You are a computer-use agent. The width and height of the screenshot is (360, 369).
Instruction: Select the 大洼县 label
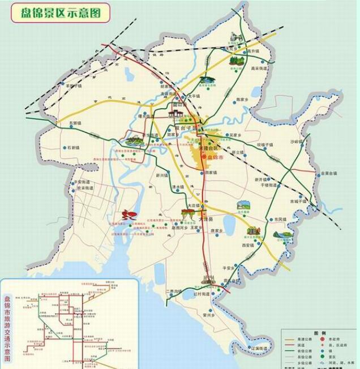(x=205, y=218)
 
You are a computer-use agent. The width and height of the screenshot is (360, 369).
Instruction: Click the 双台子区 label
(x=185, y=130)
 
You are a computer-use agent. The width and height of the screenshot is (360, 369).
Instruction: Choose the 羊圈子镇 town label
(x=74, y=86)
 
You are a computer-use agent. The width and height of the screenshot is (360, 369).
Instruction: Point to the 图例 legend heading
(x=323, y=332)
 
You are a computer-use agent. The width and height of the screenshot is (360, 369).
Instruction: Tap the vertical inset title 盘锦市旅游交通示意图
(x=7, y=324)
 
